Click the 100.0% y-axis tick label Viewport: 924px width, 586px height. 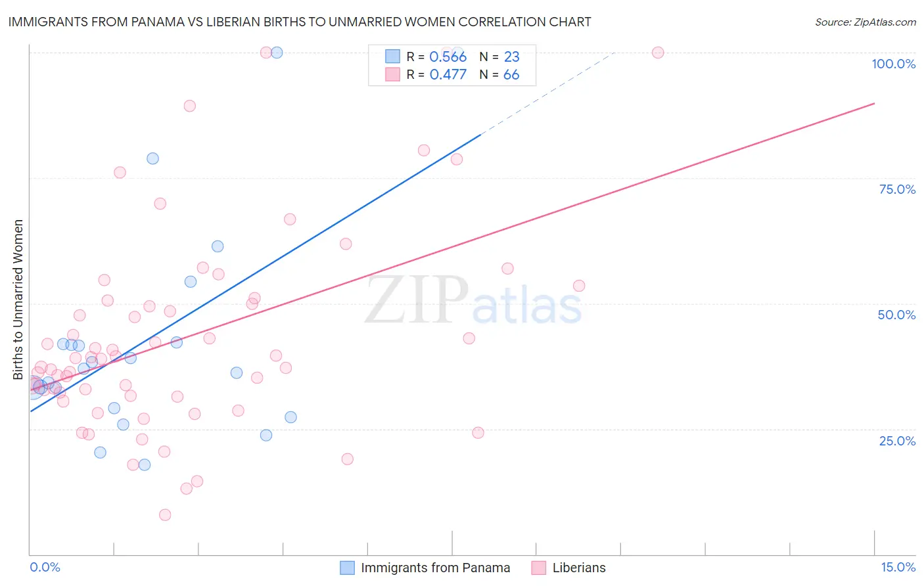[x=893, y=64]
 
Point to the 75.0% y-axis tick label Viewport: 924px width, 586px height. [x=897, y=189]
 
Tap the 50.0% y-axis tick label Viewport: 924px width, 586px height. [x=896, y=315]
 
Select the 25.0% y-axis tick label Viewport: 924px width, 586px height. [x=897, y=441]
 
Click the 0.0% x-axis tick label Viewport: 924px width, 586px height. [x=45, y=568]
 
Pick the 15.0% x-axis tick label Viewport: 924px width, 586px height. [x=898, y=568]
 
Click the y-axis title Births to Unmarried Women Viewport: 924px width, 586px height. [x=18, y=300]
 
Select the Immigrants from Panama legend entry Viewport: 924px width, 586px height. [x=425, y=568]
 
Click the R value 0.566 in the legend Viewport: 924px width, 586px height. [x=448, y=56]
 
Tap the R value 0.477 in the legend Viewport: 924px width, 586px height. [x=448, y=74]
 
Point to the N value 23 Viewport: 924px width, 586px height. [x=511, y=56]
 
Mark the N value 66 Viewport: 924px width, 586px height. [x=511, y=74]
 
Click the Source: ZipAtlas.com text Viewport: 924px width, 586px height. [x=865, y=22]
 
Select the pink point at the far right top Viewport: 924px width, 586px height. [x=658, y=53]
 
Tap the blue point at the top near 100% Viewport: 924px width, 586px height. [x=277, y=53]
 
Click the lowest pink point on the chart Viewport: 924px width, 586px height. [x=165, y=515]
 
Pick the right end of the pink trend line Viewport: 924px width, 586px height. [x=874, y=103]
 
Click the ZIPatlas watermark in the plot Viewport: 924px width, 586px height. [x=473, y=301]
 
